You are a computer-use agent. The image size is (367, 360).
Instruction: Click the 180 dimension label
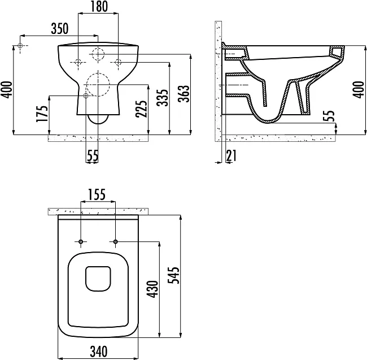click(99, 7)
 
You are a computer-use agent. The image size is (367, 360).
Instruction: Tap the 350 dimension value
click(60, 29)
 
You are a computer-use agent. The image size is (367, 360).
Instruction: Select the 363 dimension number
click(183, 94)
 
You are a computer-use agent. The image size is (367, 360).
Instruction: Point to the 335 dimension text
click(163, 97)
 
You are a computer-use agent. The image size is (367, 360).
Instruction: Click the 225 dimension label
click(141, 109)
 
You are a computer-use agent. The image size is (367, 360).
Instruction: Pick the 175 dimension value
click(42, 114)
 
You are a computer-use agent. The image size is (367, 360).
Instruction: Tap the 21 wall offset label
click(231, 155)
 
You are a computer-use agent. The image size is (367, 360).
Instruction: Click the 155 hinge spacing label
click(97, 194)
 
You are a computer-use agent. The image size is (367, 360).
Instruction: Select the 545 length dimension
click(174, 275)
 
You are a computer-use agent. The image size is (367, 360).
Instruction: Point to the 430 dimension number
click(152, 289)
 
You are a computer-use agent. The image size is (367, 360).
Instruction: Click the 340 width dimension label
click(99, 352)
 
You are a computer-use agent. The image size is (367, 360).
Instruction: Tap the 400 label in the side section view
click(359, 89)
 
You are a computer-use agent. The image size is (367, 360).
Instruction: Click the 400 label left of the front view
click(6, 89)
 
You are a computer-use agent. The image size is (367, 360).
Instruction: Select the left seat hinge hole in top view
click(81, 241)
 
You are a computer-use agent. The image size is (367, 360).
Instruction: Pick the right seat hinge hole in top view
click(115, 241)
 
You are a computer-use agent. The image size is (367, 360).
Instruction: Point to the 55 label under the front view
click(93, 155)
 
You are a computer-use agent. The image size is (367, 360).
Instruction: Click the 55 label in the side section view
click(329, 116)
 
